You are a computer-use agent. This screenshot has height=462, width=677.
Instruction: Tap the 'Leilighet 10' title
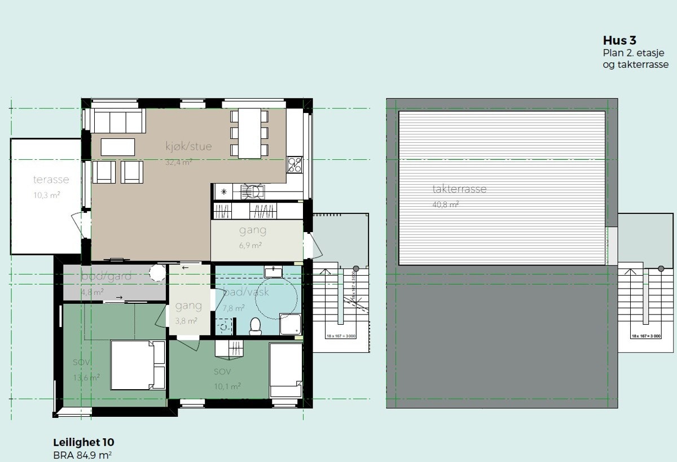coord(83,442)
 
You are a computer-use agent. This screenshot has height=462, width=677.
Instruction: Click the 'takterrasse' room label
coord(459,189)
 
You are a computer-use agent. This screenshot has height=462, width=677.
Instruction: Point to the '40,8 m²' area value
coord(446,204)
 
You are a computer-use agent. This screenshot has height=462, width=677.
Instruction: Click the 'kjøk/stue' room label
coord(188,147)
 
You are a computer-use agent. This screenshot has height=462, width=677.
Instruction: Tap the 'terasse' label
coord(51,180)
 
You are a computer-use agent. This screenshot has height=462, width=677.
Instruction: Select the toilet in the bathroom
coord(255,326)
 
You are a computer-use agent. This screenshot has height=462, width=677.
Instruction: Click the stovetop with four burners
coord(294,164)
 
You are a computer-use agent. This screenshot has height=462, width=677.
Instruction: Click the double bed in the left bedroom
coord(131,365)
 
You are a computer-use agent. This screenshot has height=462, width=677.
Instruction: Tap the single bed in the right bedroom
coord(285,369)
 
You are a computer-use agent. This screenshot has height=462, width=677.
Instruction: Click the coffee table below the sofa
coord(118,147)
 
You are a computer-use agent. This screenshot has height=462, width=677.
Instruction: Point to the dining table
coord(249,133)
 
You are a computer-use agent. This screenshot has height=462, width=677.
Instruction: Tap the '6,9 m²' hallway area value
coord(250,246)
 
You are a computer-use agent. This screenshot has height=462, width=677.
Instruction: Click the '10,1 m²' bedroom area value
coord(227,386)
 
